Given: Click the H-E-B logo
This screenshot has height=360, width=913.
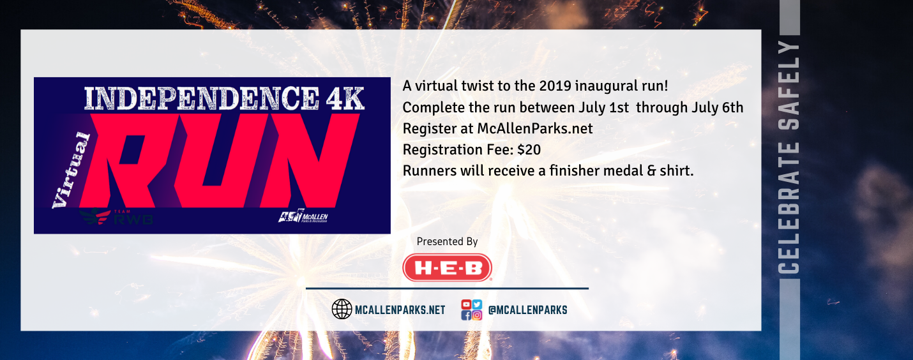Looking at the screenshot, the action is (447, 268).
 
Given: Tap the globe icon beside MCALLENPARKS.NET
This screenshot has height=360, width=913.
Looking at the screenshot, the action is (342, 309).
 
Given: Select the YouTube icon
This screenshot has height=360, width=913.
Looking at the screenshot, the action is (466, 304).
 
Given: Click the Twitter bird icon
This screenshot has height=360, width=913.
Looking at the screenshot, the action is (478, 304).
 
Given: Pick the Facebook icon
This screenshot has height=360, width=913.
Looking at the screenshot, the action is (466, 315).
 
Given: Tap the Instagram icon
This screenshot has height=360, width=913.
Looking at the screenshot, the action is (478, 315).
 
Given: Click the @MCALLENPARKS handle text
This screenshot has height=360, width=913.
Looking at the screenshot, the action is (527, 310).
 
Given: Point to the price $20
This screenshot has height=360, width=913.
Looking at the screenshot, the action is (529, 149).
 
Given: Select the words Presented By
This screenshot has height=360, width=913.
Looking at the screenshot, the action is (447, 242).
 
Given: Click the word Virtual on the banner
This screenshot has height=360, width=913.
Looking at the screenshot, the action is (72, 170).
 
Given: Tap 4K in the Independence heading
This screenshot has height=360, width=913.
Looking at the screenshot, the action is (345, 98).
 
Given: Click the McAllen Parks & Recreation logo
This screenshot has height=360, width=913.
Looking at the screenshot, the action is (303, 216).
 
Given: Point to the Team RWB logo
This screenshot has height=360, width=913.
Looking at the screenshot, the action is (116, 217).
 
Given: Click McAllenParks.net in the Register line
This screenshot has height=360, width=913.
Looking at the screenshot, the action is (535, 129).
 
